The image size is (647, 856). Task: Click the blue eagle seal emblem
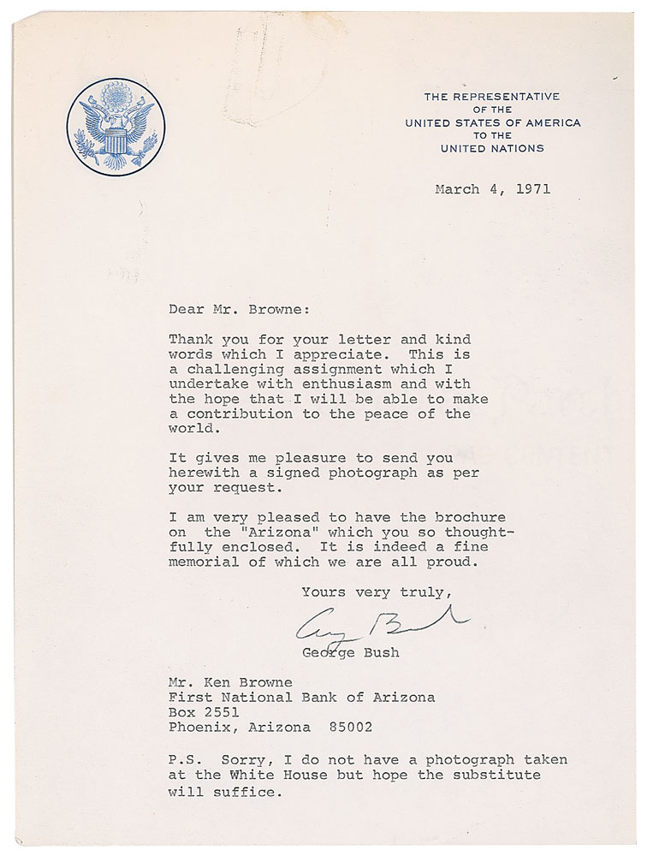[116, 127]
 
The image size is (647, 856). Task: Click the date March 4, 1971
[492, 189]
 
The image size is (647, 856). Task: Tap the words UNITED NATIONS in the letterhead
[492, 148]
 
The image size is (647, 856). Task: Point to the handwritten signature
[381, 627]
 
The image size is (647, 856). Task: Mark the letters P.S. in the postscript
[185, 760]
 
